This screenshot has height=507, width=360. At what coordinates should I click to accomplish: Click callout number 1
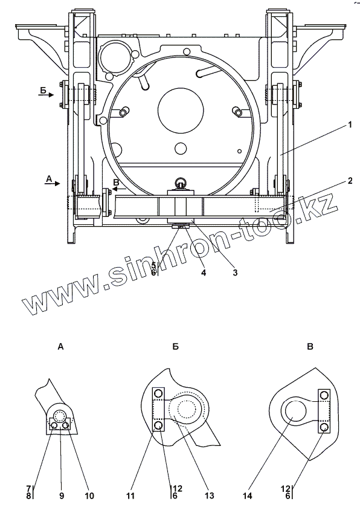(x=349, y=124)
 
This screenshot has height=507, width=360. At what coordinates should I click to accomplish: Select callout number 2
(x=350, y=181)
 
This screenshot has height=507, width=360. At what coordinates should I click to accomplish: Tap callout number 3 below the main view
(x=235, y=273)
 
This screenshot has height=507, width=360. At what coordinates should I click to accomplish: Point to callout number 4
(x=204, y=273)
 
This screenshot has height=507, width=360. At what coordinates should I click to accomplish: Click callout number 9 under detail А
(x=62, y=496)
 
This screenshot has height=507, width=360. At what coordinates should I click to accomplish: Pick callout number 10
(x=89, y=496)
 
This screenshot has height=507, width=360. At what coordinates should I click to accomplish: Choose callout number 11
(x=131, y=496)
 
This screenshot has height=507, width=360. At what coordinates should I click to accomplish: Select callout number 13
(x=209, y=496)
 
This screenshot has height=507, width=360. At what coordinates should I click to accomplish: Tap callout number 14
(x=248, y=496)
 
